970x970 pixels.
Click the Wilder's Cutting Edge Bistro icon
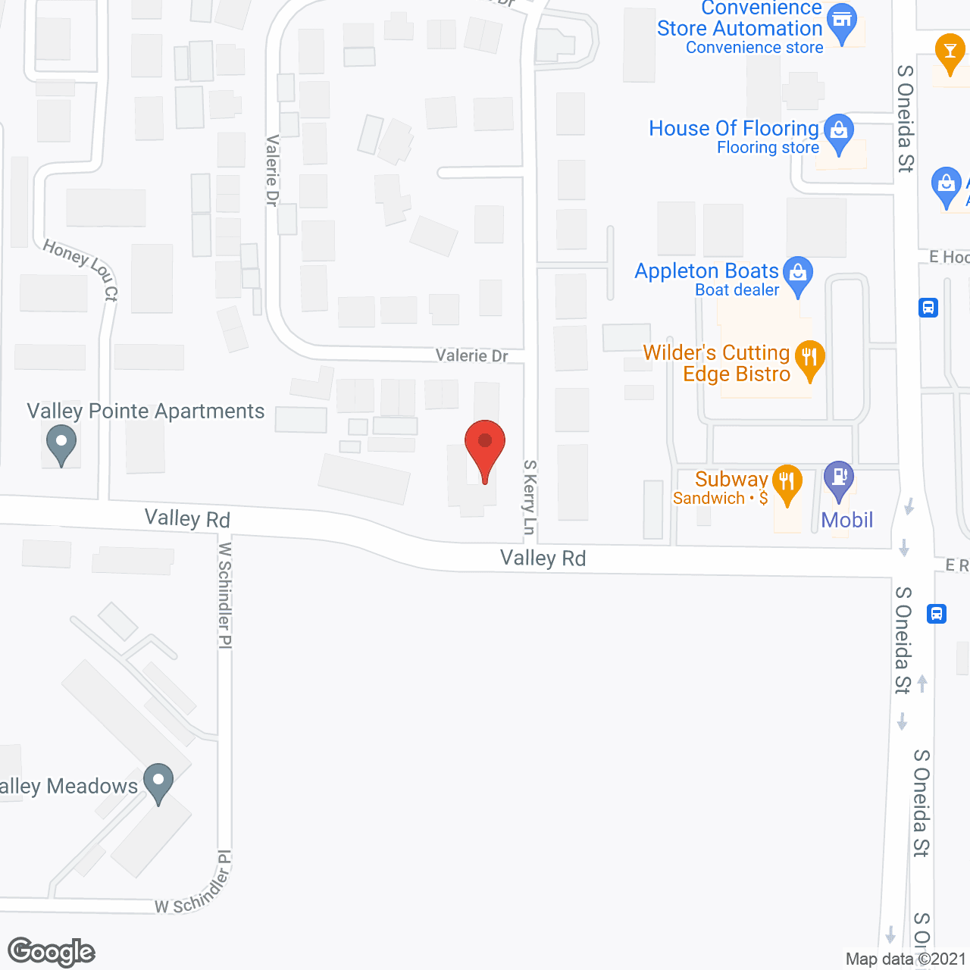pos(809,358)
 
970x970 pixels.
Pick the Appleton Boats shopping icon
pos(797,274)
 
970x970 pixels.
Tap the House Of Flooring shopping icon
pos(838,132)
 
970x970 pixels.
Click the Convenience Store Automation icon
pos(842,21)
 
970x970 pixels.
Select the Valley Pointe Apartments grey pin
pos(61,443)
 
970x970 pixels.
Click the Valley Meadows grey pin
pos(158,781)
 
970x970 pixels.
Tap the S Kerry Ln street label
pos(529,497)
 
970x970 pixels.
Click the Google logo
pos(51,952)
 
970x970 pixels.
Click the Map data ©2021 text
pos(906,959)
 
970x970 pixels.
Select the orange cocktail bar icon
pos(949,52)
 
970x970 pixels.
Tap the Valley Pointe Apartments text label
pos(145,411)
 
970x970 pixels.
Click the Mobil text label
pos(847,520)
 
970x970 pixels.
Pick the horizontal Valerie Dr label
pos(471,355)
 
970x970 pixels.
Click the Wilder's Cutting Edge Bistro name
pos(717,363)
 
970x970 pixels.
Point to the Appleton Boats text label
pos(706,271)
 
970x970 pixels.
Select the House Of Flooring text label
pos(734,128)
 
